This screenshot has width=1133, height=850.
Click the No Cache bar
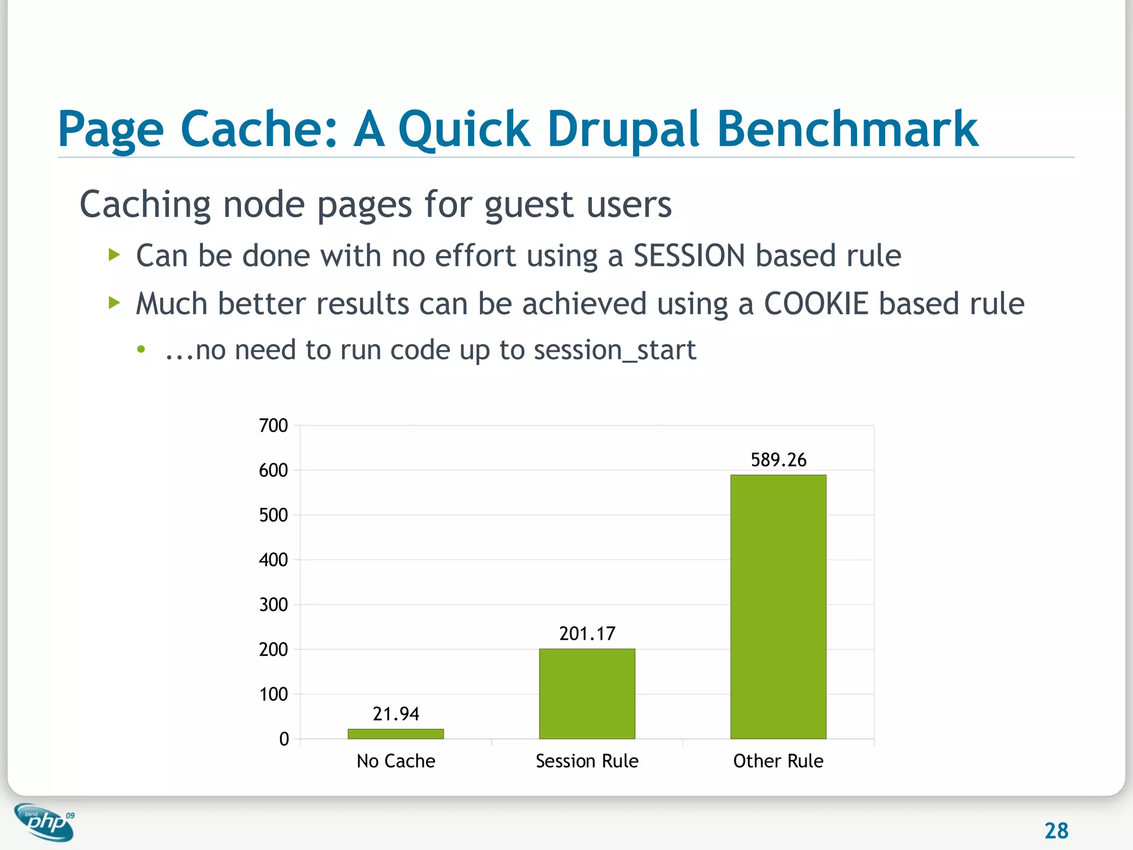pyautogui.click(x=396, y=734)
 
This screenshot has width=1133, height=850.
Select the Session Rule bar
pyautogui.click(x=587, y=693)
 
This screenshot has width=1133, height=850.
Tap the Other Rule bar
pyautogui.click(x=778, y=607)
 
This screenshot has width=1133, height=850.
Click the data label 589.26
pyautogui.click(x=778, y=460)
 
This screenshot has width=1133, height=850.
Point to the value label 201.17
pyautogui.click(x=587, y=634)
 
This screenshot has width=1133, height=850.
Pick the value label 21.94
pyautogui.click(x=396, y=714)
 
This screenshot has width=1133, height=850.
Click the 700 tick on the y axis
pyautogui.click(x=273, y=426)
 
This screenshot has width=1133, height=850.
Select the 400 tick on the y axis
pyautogui.click(x=273, y=560)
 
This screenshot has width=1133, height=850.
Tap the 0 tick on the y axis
pyautogui.click(x=284, y=739)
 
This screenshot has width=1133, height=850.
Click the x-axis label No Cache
pyautogui.click(x=396, y=761)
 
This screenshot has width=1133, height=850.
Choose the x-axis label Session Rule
pyautogui.click(x=587, y=761)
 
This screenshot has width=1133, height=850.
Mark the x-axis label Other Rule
pyautogui.click(x=778, y=761)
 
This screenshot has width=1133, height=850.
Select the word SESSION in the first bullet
pyautogui.click(x=689, y=256)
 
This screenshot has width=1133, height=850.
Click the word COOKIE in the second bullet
pyautogui.click(x=816, y=304)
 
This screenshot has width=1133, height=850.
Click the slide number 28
pyautogui.click(x=1056, y=831)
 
